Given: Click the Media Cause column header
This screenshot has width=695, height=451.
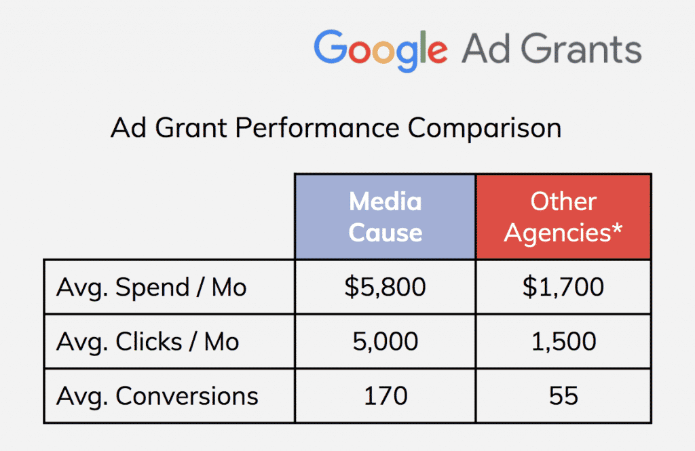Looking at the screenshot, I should click(x=385, y=216).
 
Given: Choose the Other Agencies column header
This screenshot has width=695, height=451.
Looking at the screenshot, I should click(x=563, y=216).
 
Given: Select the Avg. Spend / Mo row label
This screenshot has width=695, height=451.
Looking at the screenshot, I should click(x=151, y=287).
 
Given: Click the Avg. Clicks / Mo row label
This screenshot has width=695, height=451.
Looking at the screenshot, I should click(x=147, y=341).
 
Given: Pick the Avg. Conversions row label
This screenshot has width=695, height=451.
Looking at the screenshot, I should click(x=157, y=395).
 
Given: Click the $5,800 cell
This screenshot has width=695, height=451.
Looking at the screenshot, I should click(x=385, y=287).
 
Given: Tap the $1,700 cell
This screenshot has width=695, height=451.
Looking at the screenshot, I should click(x=563, y=287).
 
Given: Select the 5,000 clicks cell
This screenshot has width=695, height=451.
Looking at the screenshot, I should click(x=385, y=341).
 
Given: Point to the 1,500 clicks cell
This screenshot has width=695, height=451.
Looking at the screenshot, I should click(x=563, y=341).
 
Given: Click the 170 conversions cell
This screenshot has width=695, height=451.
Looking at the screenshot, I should click(x=385, y=395).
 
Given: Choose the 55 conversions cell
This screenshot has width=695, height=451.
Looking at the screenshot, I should click(x=563, y=395).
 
